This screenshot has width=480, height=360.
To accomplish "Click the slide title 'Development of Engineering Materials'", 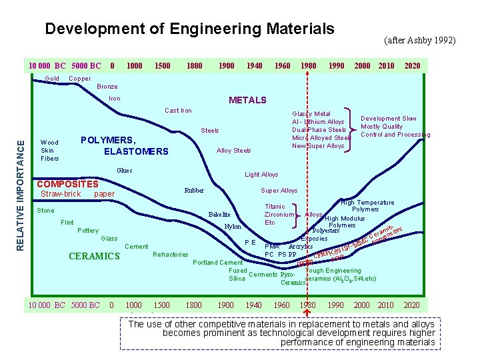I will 189,29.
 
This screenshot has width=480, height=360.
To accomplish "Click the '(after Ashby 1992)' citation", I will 420,41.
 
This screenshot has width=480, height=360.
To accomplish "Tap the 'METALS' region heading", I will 247,100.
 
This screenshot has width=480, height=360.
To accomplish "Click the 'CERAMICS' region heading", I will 94,257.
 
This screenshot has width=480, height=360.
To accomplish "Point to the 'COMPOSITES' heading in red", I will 67,184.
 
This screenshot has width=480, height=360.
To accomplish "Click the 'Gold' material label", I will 52,79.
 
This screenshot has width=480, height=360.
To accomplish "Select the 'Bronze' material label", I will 107,87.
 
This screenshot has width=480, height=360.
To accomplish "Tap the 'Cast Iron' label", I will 178,111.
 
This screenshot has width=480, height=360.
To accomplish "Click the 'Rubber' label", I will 194,190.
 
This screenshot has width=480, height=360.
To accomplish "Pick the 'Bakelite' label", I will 219,215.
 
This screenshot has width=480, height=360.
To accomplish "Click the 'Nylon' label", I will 233,227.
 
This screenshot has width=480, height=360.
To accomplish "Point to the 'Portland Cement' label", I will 217,263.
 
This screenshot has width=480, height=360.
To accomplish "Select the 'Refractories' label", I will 171,255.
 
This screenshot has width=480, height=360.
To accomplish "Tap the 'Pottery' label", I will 88,231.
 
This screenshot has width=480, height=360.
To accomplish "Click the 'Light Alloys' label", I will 261,175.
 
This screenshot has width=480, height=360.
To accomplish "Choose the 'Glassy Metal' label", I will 311,114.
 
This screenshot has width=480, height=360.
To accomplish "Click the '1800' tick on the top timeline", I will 195,66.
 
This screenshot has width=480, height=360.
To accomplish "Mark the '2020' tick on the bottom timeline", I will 412,305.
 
